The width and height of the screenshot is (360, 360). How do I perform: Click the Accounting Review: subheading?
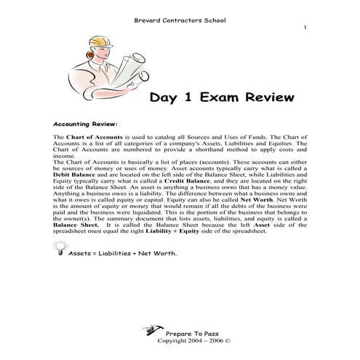tap(86, 123)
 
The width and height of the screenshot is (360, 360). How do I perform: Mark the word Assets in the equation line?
tap(80, 255)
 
